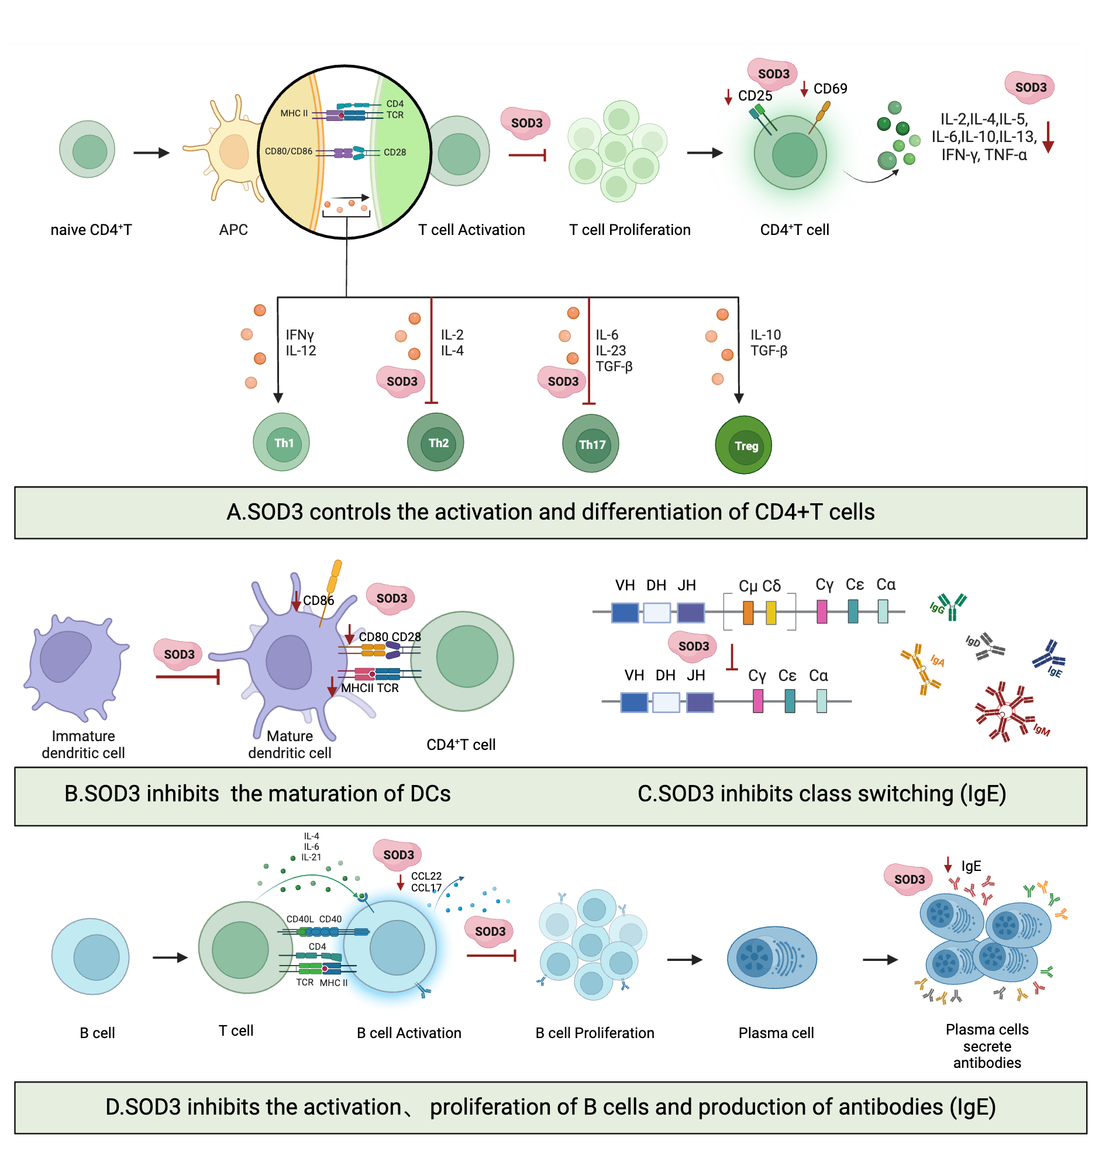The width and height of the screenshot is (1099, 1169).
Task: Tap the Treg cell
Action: [x=743, y=445]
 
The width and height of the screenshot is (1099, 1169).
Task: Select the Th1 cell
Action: [x=281, y=442]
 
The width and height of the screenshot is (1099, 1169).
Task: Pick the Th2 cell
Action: [x=435, y=442]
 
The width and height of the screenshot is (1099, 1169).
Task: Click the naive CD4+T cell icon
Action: [x=87, y=150]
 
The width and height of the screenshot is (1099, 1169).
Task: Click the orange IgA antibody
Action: [x=921, y=667]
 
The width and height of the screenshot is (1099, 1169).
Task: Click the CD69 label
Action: [x=830, y=89]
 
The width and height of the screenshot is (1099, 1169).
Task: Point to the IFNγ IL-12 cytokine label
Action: [x=300, y=343]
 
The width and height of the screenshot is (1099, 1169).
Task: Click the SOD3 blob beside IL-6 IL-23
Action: [x=563, y=381]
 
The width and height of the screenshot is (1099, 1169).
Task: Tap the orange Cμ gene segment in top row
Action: [x=747, y=612]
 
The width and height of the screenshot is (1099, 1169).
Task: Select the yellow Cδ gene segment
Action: [x=771, y=612]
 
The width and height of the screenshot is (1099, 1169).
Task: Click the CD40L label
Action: [x=299, y=918]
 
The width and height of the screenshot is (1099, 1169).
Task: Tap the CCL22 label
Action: [x=426, y=876]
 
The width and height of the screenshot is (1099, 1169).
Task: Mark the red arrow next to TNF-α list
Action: [x=1047, y=137]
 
